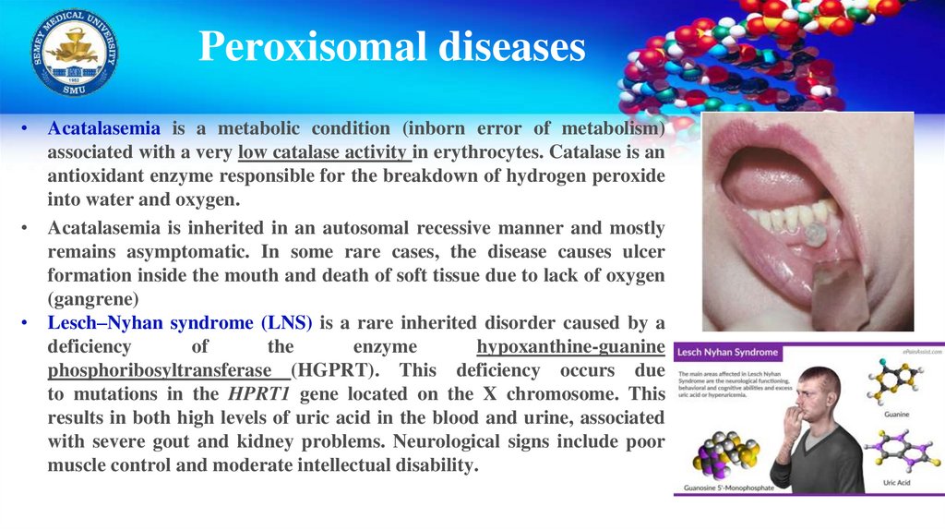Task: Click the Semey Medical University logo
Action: click(75, 52)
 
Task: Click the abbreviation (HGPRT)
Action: click(333, 370)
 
